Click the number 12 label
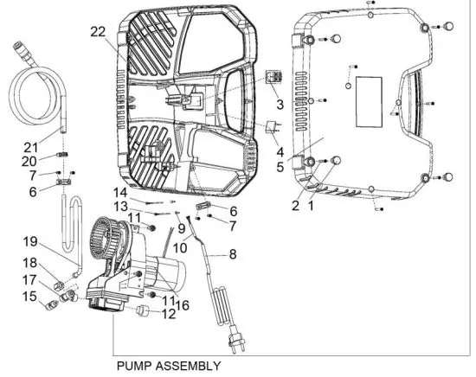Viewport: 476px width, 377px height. coord(169,314)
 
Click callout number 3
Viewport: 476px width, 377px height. coord(280,104)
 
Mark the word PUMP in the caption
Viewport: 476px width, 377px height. coord(137,366)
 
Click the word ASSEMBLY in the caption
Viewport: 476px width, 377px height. coord(190,366)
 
